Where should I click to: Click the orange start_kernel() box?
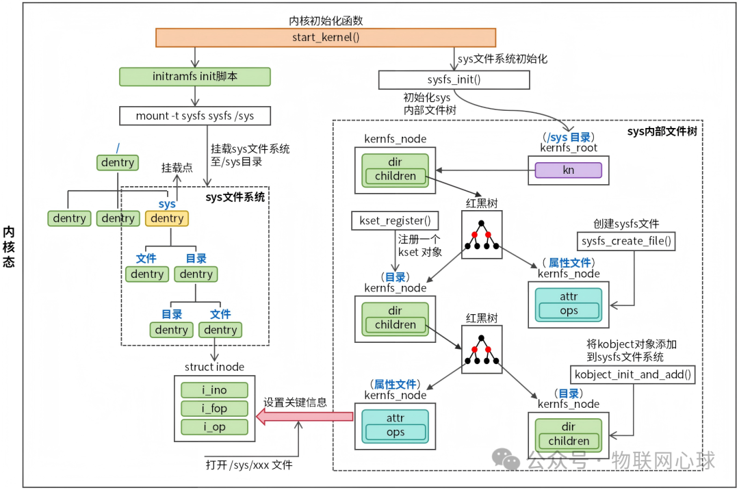click(x=325, y=38)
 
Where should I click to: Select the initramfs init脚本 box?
click(x=195, y=77)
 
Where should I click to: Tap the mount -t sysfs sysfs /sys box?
click(x=195, y=116)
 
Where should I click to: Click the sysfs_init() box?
click(x=454, y=79)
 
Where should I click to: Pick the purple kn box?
click(x=568, y=170)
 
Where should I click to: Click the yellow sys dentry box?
click(x=167, y=218)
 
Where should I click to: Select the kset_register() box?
click(x=395, y=221)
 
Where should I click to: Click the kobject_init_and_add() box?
click(x=633, y=374)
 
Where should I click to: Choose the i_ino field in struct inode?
click(x=214, y=390)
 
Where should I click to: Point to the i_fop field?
click(x=214, y=409)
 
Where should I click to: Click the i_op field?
click(x=214, y=427)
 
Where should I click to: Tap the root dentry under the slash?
click(x=118, y=163)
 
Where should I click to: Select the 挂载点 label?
click(x=176, y=168)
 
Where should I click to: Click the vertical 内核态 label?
click(x=9, y=246)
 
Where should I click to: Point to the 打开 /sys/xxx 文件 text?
click(x=249, y=465)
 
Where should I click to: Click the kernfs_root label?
click(x=569, y=148)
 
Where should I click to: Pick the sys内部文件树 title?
click(x=662, y=131)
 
